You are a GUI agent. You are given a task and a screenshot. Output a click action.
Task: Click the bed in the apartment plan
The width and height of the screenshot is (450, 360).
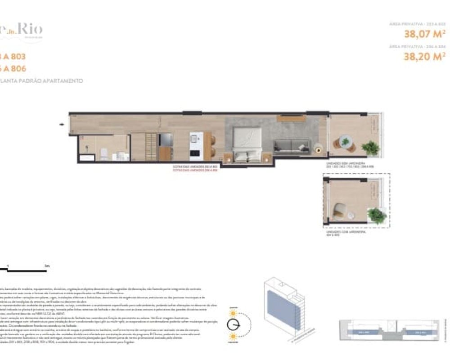click(x=246, y=143)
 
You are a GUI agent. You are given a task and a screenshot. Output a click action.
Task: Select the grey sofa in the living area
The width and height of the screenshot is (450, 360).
click(x=292, y=145)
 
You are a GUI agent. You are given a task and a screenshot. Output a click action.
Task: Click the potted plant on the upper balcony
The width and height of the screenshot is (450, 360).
click(x=370, y=148)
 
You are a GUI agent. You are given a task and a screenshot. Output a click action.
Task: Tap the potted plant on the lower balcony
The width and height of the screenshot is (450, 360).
click(x=376, y=215)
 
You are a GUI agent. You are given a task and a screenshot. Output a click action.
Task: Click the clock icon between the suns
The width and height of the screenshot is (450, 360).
click(x=234, y=324)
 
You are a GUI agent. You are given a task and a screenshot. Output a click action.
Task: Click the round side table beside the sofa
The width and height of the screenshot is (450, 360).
click(x=318, y=146)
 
